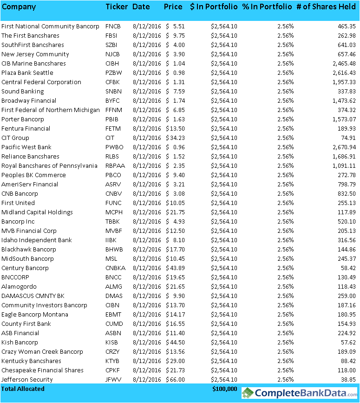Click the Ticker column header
pyautogui.click(x=117, y=7)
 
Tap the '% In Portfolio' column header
pyautogui.click(x=267, y=7)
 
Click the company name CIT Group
pyautogui.click(x=15, y=138)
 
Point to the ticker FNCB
pyautogui.click(x=113, y=26)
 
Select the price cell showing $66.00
pyautogui.click(x=176, y=379)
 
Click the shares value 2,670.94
pyautogui.click(x=342, y=147)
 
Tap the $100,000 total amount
pyautogui.click(x=225, y=389)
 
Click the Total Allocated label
pyautogui.click(x=23, y=389)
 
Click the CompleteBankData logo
pyautogui.click(x=299, y=393)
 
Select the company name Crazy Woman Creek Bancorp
pyautogui.click(x=42, y=351)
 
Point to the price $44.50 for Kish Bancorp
pyautogui.click(x=176, y=342)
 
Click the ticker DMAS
pyautogui.click(x=114, y=296)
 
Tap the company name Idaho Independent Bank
pyautogui.click(x=37, y=240)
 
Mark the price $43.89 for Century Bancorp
pyautogui.click(x=176, y=268)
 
